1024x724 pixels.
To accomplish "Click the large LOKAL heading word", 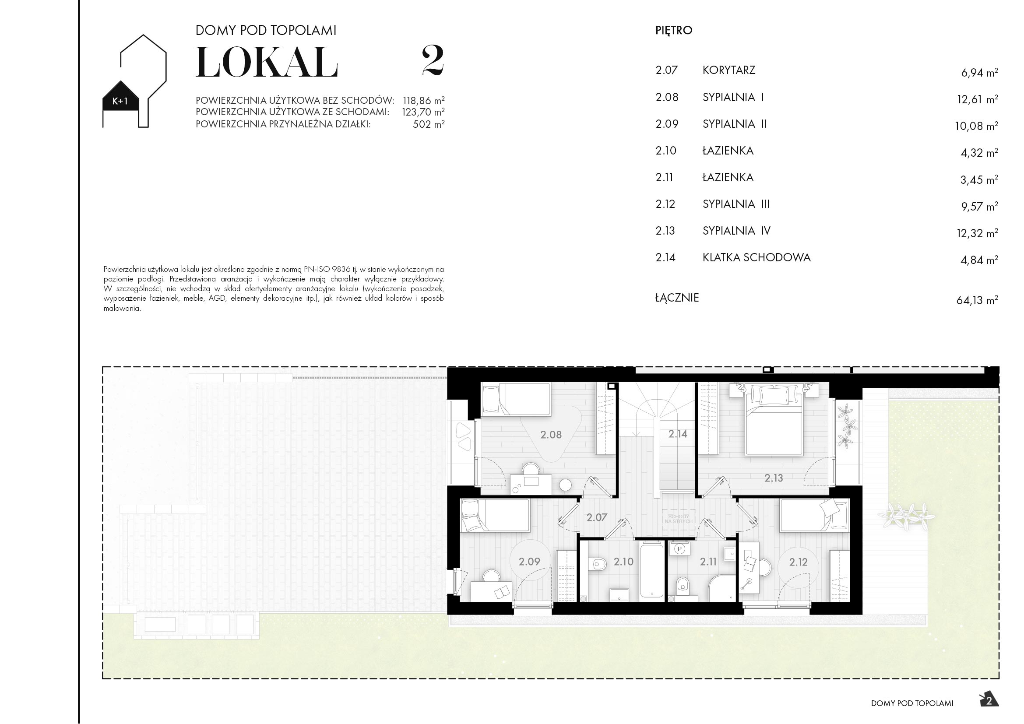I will (x=266, y=63).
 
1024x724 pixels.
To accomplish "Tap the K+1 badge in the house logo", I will (x=120, y=101).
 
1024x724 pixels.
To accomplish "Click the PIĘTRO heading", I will (x=673, y=30).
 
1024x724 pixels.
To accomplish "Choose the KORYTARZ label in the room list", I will (x=729, y=70).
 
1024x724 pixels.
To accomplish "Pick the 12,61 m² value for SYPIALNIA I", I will (x=977, y=99).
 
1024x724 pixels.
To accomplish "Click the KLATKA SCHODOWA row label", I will (x=757, y=257).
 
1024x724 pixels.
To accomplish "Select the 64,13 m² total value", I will (x=977, y=300).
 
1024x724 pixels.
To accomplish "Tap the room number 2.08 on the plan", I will (x=551, y=434).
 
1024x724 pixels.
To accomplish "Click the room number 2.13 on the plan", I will (x=773, y=478).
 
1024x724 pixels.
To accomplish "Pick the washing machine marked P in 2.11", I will (x=680, y=549).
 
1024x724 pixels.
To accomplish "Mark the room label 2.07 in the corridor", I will (x=597, y=517).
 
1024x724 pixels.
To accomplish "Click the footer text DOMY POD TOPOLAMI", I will (x=911, y=703).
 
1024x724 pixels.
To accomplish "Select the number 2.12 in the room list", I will (x=665, y=204).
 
